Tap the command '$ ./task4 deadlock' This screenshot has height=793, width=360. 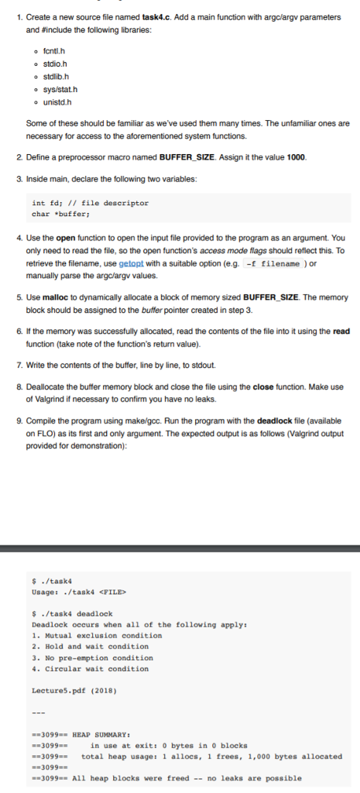(x=72, y=613)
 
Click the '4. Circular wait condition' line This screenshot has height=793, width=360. (x=92, y=668)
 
